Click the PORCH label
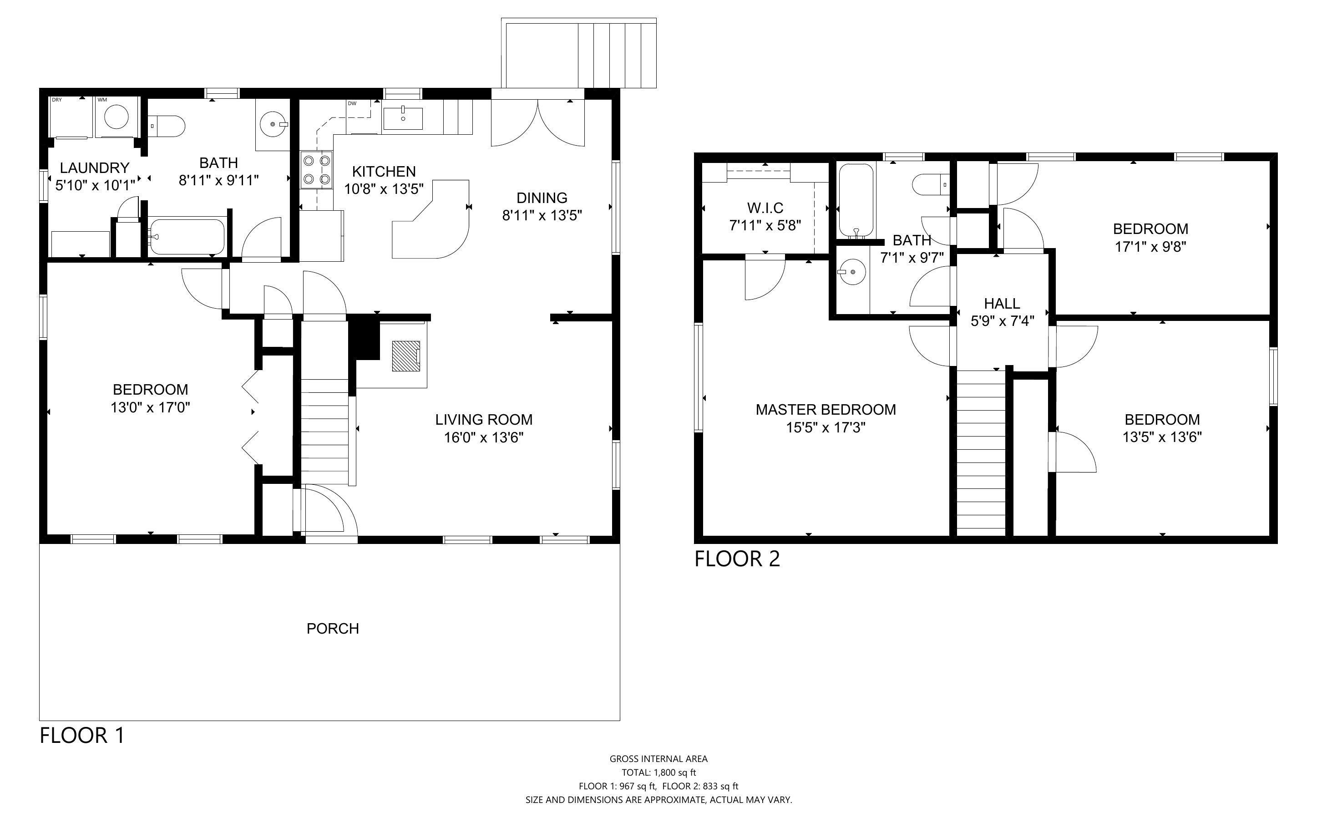point(332,629)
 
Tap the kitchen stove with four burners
point(317,169)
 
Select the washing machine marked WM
point(117,117)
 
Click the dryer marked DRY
point(72,117)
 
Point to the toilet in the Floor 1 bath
point(167,126)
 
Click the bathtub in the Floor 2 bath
point(856,201)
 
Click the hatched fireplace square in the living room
point(406,356)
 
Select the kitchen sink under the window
point(403,119)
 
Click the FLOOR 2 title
point(737,559)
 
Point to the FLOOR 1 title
point(82,735)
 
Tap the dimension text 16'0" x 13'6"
point(484,437)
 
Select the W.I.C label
point(765,208)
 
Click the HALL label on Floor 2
point(1002,303)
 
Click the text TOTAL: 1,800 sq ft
point(659,772)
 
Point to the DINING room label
point(542,198)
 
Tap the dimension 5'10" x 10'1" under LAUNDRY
point(95,186)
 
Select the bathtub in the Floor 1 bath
point(187,237)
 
